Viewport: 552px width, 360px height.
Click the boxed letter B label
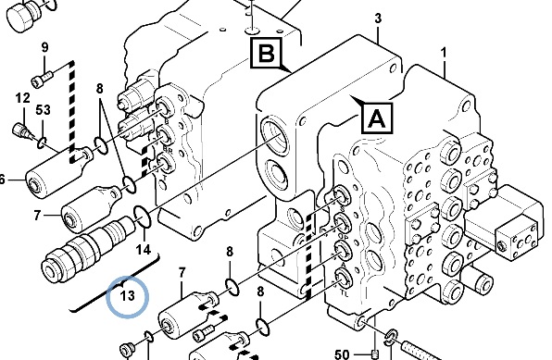tap(266, 53)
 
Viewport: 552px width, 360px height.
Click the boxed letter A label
tap(377, 118)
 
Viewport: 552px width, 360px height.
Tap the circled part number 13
tap(127, 295)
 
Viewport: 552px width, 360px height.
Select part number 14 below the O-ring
tap(144, 250)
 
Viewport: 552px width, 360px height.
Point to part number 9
tap(44, 47)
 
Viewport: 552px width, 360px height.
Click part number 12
tap(22, 98)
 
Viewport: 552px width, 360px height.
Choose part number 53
tap(43, 110)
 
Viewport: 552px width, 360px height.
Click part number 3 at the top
tap(378, 18)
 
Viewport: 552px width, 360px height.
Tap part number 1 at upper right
tap(444, 53)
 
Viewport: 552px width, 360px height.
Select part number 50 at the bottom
tap(342, 354)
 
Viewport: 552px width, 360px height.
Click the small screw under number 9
tap(43, 79)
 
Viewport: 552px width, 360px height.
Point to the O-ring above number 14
tap(143, 217)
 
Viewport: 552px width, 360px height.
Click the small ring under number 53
tap(42, 143)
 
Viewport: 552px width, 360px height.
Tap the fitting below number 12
tap(23, 130)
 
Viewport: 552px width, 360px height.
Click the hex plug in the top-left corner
tap(23, 16)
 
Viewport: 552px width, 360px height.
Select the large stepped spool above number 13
tap(88, 248)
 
